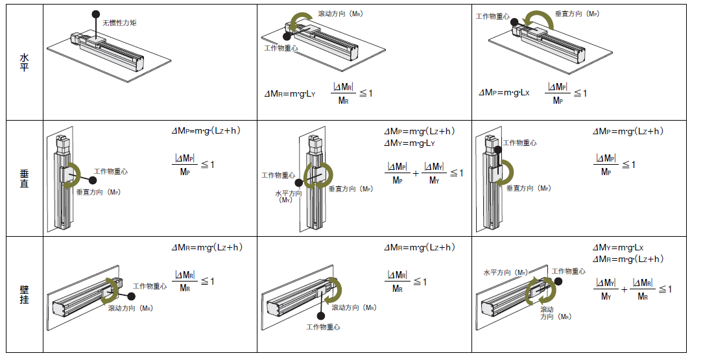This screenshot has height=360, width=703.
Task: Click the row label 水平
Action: pyautogui.click(x=24, y=62)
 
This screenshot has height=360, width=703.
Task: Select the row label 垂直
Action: pyautogui.click(x=24, y=178)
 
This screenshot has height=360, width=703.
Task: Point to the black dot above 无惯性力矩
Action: pyautogui.click(x=95, y=14)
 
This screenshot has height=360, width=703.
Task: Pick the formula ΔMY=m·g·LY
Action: pyautogui.click(x=409, y=143)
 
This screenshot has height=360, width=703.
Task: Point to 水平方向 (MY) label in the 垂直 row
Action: pyautogui.click(x=288, y=196)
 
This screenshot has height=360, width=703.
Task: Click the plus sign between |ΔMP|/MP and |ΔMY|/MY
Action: pyautogui.click(x=416, y=173)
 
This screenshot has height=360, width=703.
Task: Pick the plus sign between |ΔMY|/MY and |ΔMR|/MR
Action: pyautogui.click(x=624, y=289)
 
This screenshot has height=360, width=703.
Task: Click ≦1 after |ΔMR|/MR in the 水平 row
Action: pyautogui.click(x=366, y=93)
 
